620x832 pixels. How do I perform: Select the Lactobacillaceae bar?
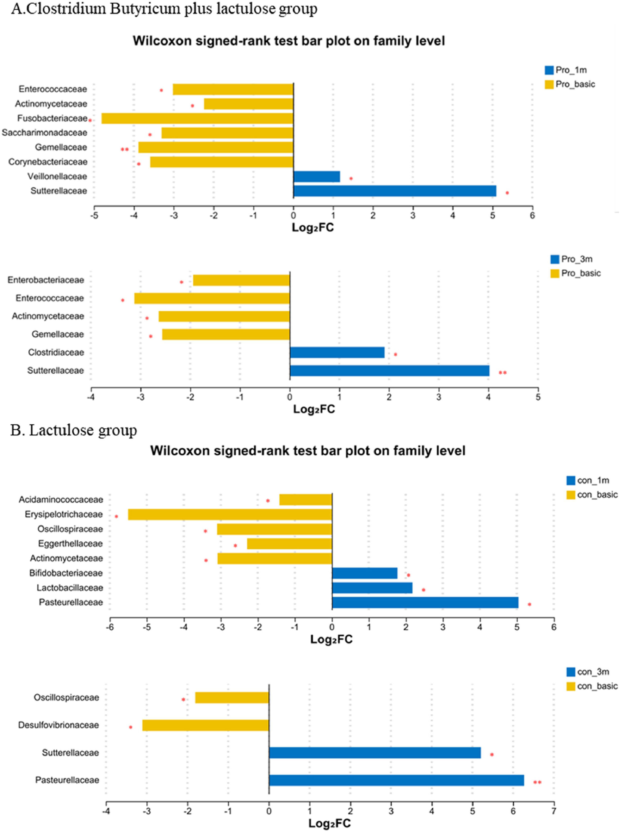[x=372, y=588]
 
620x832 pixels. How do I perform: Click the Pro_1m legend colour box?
[x=549, y=70]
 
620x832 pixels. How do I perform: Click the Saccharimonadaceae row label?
[x=44, y=133]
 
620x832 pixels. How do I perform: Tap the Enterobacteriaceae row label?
[x=46, y=280]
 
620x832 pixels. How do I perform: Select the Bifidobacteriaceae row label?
[x=66, y=573]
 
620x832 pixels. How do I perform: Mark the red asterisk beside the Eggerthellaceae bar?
[x=235, y=545]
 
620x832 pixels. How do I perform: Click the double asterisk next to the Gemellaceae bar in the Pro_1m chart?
[x=125, y=149]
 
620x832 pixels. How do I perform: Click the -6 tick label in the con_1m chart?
[x=110, y=628]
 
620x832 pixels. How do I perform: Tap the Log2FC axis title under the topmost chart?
[x=313, y=228]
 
